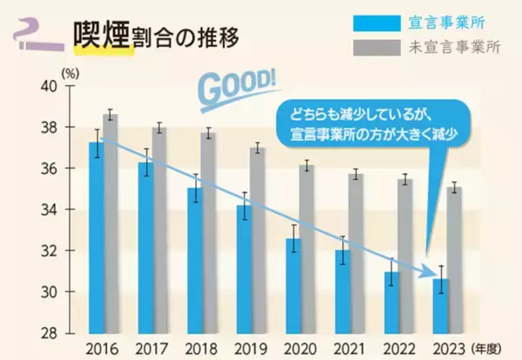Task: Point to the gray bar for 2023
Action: click(453, 260)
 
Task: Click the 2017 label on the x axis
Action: click(153, 349)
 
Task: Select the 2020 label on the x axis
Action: click(300, 349)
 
